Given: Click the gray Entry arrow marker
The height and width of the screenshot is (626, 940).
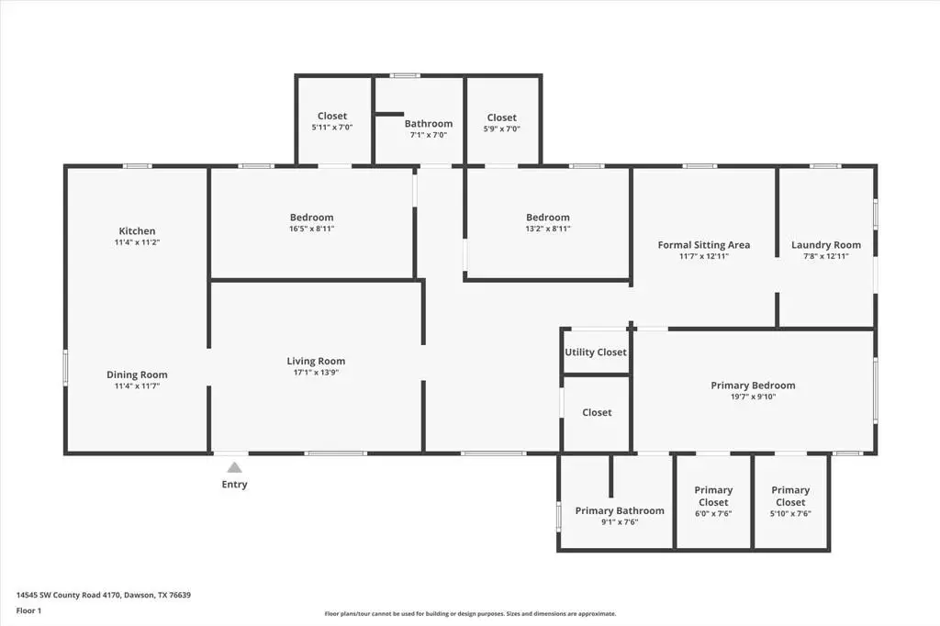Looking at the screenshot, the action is coord(234,468).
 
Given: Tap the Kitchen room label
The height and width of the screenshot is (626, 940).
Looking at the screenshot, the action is coord(138,231).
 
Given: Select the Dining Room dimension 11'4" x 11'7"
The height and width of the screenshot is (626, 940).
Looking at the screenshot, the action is coord(138,386).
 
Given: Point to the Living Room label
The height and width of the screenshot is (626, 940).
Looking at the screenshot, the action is coord(316,361).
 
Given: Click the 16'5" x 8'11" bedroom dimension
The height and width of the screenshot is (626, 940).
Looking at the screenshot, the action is coord(312,229).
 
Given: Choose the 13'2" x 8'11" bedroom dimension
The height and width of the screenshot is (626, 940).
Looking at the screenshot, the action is coord(548,229).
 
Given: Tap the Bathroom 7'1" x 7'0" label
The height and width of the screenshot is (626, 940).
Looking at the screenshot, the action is coord(429,129).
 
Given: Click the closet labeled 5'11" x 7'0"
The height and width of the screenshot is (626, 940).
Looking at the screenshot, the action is coord(332,120).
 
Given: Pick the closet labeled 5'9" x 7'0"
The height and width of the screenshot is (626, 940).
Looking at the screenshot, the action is coord(502,123).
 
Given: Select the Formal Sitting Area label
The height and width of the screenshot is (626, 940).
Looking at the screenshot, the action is coord(704,245).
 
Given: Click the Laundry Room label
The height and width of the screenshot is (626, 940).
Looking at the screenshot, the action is coord(826,245).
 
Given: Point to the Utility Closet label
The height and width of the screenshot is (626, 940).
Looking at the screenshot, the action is coord(596,352).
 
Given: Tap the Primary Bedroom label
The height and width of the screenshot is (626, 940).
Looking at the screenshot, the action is coord(753,386).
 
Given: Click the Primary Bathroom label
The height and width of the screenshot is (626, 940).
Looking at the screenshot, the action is coord(620,511).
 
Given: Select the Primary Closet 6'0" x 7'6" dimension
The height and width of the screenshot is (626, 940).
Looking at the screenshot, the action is coord(713,514).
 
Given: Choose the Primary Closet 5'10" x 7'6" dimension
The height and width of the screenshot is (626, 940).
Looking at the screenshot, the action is coord(790,514).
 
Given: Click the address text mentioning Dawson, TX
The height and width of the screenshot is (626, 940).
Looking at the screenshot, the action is coord(104,596).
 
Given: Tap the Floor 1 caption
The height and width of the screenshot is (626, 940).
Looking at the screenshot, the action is coord(28,611).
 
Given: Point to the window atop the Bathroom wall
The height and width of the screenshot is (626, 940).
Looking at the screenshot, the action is coord(405,75).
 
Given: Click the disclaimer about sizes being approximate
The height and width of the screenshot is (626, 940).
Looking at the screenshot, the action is coord(471,613).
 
